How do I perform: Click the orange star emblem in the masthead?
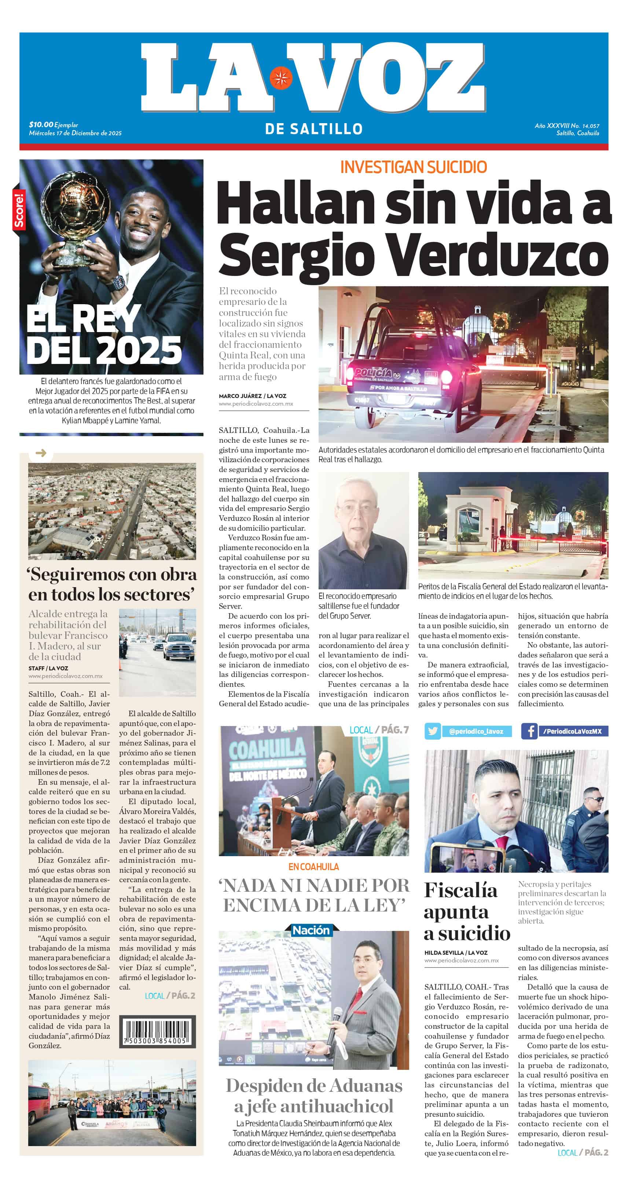coord(280,78)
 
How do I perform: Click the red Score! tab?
coord(19,211)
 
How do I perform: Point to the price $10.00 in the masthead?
coord(41,124)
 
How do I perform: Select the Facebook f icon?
coord(529,731)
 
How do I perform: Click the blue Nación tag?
coord(311,930)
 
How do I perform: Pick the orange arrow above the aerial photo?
coord(41,453)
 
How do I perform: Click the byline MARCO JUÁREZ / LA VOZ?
coord(253,395)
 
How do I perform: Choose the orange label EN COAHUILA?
coord(313,866)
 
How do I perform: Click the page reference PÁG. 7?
coord(395,730)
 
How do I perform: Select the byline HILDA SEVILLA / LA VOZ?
coord(456,953)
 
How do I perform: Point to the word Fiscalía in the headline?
coord(460,891)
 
